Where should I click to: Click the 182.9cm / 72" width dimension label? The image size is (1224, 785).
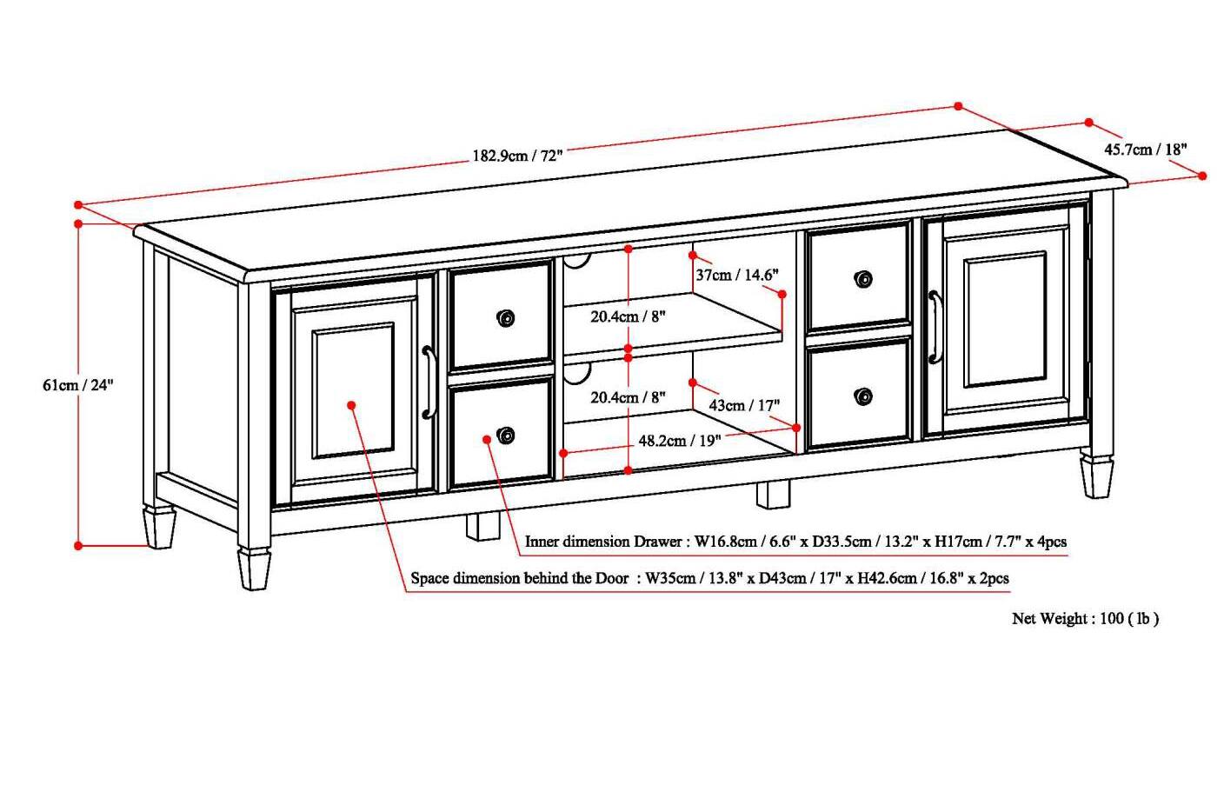click(x=517, y=156)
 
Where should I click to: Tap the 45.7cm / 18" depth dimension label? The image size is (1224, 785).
click(x=1145, y=150)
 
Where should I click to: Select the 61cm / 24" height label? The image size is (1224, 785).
click(x=78, y=384)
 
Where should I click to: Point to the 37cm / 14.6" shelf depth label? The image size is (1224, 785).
click(x=736, y=275)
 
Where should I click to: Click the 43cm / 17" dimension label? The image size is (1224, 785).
click(x=744, y=405)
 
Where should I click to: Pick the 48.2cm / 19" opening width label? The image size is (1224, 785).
click(x=679, y=441)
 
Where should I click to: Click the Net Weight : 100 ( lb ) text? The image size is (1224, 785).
click(x=1085, y=619)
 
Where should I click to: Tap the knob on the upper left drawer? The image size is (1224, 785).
click(x=505, y=318)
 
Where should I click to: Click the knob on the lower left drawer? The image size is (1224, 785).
click(x=505, y=436)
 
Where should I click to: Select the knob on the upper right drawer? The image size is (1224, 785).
click(x=863, y=279)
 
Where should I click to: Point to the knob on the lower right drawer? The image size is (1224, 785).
click(x=863, y=396)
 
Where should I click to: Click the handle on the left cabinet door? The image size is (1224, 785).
click(x=429, y=383)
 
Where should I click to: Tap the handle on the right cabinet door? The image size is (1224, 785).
click(x=935, y=327)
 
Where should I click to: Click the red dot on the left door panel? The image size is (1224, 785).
click(x=351, y=405)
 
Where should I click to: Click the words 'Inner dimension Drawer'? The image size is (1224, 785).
click(x=603, y=542)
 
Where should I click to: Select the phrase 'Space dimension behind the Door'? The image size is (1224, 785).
click(x=519, y=578)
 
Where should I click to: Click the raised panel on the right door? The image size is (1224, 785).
click(x=1004, y=320)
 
